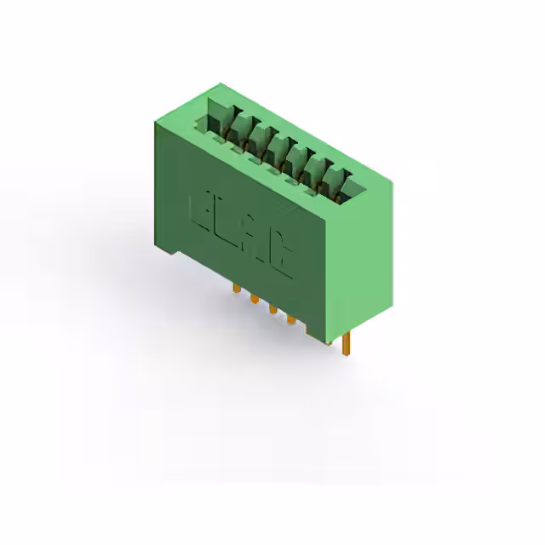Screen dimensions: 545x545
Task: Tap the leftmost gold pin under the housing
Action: click(x=235, y=290)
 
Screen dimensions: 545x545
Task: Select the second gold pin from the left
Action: click(x=254, y=299)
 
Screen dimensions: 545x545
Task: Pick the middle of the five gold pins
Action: click(x=272, y=308)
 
